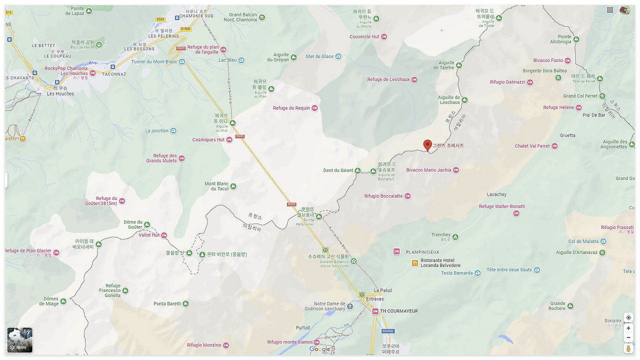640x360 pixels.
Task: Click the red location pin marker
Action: coord(427,145)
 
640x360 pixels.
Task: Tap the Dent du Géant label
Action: coord(338,170)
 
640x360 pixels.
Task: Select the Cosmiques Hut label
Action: coord(208,140)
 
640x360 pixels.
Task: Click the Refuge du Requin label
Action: coord(291,108)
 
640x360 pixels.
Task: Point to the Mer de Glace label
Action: coord(320,56)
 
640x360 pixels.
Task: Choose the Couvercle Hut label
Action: coord(364,37)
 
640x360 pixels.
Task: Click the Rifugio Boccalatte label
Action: coord(383,196)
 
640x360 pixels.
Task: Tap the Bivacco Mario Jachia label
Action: coord(428,170)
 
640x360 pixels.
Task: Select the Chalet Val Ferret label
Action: coord(532,146)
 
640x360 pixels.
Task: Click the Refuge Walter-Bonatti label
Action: coord(502,206)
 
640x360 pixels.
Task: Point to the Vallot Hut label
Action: coord(149,235)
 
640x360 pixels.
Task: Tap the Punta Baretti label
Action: coord(167,303)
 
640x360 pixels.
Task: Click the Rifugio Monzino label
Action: coord(204,345)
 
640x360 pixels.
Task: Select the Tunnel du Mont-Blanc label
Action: coord(154,62)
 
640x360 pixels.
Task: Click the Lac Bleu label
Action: coord(228,60)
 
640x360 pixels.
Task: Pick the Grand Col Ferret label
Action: coord(580,96)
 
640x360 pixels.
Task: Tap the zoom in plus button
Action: coord(628,328)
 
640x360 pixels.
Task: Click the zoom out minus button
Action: coord(628,337)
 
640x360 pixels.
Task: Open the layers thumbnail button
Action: coord(20,340)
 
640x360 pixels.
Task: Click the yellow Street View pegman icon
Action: coord(628,348)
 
